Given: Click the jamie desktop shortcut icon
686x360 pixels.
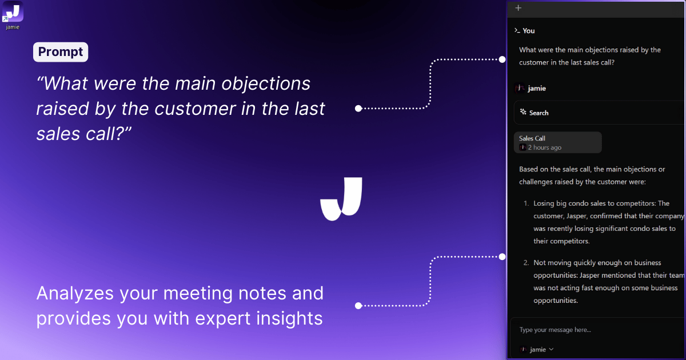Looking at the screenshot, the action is pos(13,11).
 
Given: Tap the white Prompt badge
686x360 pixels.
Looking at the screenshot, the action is pos(61,52).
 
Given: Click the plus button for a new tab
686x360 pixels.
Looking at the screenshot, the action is pos(518,8).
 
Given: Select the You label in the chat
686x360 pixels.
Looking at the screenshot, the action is pos(529,31).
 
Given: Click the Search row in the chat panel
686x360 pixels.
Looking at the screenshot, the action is pos(599,113).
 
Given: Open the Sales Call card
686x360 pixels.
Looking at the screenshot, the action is pos(558,142).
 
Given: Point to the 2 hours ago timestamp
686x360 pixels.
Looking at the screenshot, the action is pos(544,147).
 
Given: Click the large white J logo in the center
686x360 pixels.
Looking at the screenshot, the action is pos(341,199).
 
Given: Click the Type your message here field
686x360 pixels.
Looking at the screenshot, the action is pos(555,330).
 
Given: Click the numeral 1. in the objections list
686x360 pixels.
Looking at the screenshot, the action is pos(526,203).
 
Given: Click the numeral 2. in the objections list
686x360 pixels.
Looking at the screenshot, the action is pos(526,263).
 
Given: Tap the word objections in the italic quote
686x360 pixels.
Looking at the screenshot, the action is pos(266,84).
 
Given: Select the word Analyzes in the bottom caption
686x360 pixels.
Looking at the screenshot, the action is pos(75,294).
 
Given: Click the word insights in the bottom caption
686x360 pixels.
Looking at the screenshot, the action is pos(289,318).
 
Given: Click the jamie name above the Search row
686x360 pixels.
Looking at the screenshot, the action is pos(537,89).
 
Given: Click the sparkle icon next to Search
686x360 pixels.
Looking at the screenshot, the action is pos(523,112).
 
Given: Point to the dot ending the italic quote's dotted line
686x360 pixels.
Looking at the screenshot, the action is pos(358,109).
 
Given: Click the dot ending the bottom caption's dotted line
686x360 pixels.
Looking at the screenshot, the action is pos(358,306).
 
